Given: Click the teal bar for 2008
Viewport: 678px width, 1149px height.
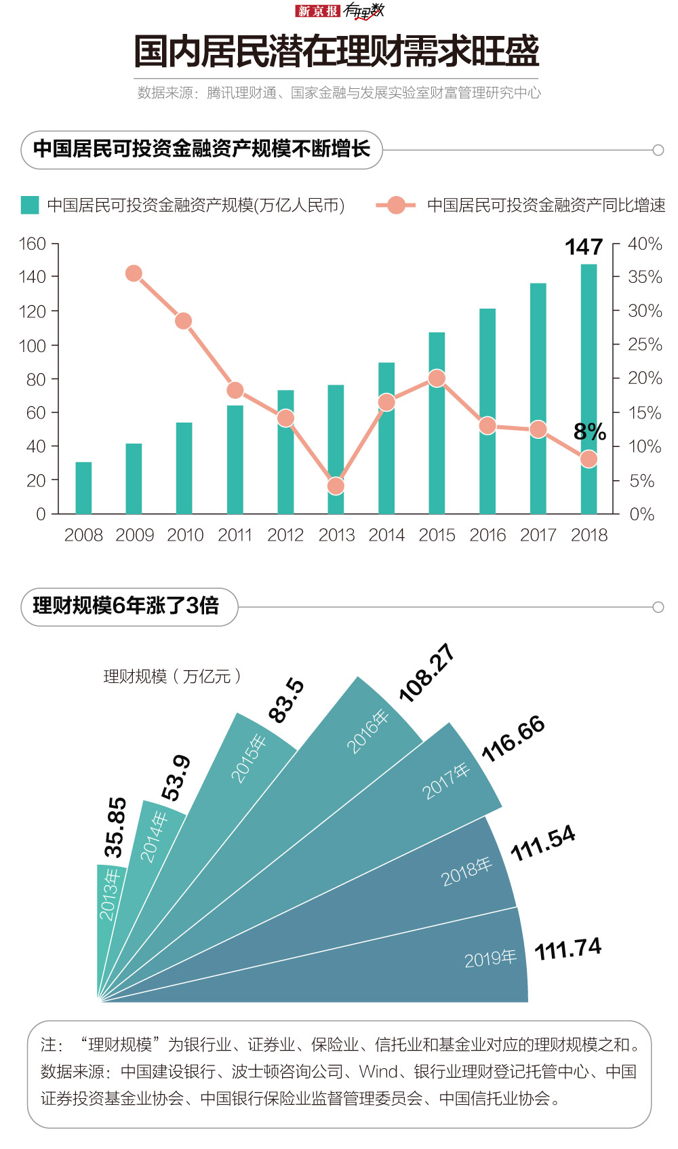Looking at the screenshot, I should pyautogui.click(x=83, y=488).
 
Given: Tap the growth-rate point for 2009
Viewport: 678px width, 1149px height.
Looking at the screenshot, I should pyautogui.click(x=134, y=273).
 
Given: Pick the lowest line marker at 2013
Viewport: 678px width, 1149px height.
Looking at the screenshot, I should pyautogui.click(x=336, y=486).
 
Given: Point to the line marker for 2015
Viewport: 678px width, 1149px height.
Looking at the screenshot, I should pyautogui.click(x=437, y=378).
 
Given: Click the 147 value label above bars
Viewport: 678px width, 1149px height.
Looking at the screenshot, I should pyautogui.click(x=584, y=247).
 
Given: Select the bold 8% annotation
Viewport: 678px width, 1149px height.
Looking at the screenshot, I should pyautogui.click(x=589, y=431).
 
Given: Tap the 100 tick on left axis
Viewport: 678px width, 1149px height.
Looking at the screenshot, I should pyautogui.click(x=33, y=345).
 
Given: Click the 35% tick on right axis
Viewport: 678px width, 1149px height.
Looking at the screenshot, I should pyautogui.click(x=644, y=277).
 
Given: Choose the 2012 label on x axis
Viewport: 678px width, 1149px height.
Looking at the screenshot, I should pyautogui.click(x=285, y=535).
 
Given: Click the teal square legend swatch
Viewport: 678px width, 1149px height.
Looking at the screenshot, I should pyautogui.click(x=30, y=205).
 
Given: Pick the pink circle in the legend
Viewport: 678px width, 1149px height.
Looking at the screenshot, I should pyautogui.click(x=396, y=205).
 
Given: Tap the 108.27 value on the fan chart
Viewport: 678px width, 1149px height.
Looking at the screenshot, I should pyautogui.click(x=426, y=673).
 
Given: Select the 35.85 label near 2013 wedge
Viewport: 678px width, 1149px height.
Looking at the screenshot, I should pyautogui.click(x=115, y=827).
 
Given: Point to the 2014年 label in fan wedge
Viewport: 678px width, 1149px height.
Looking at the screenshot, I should pyautogui.click(x=154, y=837).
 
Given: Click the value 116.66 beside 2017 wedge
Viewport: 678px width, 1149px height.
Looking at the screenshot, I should pyautogui.click(x=513, y=738).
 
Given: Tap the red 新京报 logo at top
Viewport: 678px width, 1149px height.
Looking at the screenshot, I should pyautogui.click(x=317, y=11).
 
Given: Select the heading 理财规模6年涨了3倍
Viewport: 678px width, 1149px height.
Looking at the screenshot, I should pyautogui.click(x=126, y=606).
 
